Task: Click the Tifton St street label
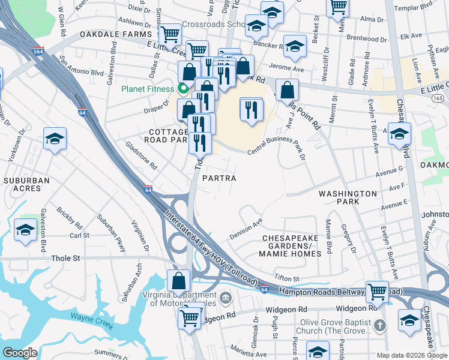[x=286, y=279]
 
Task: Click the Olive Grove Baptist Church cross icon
[x=378, y=326]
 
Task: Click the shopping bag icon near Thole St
[x=179, y=280]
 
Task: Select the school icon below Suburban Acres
[x=25, y=230]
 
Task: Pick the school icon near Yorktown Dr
[x=55, y=139]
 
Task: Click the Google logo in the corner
[x=20, y=353]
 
